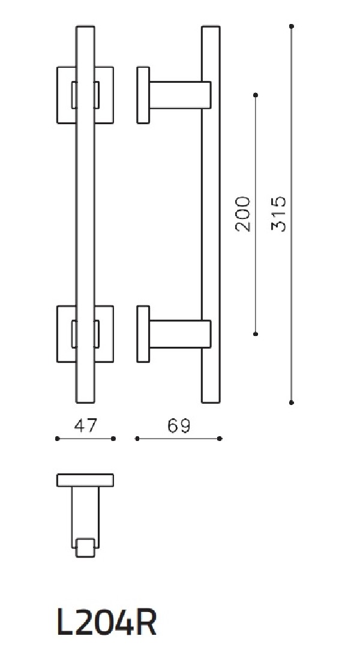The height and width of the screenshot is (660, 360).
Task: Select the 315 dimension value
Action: tap(279, 214)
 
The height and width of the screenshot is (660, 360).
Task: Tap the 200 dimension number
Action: tap(242, 214)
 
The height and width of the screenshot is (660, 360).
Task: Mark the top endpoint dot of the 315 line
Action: tap(292, 26)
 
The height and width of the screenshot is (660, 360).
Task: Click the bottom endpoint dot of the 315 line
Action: tap(292, 403)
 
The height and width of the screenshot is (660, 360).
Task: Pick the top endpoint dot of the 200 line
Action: tap(256, 95)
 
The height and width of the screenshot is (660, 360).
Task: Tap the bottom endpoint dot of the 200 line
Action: tap(256, 334)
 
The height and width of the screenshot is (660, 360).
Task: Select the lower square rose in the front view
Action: tap(64, 334)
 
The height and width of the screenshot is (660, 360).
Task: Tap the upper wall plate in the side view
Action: tap(143, 95)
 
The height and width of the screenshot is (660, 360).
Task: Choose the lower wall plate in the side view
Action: tap(143, 334)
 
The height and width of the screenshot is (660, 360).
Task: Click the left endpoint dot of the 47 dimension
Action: tap(57, 439)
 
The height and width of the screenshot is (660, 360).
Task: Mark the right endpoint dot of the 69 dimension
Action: tap(220, 439)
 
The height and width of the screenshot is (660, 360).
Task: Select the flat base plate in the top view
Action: tap(85, 480)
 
